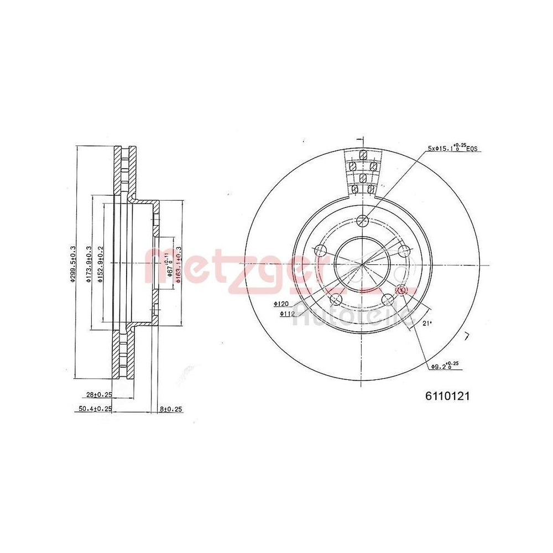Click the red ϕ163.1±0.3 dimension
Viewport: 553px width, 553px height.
click(x=178, y=264)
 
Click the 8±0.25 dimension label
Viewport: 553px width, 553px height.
click(x=171, y=409)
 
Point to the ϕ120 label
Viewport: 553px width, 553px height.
click(x=281, y=304)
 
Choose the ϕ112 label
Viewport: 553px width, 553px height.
click(x=286, y=314)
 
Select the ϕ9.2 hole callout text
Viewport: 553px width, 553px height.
click(x=445, y=366)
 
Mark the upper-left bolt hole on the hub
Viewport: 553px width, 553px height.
click(x=320, y=251)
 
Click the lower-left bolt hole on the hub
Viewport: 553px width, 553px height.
click(x=336, y=300)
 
